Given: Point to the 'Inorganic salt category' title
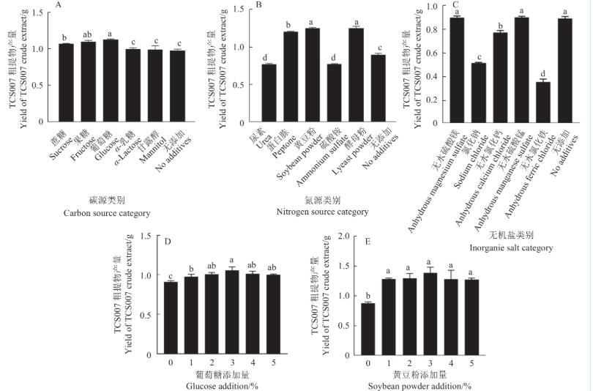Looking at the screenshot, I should (512, 248).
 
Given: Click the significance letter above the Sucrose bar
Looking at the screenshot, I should (65, 37).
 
